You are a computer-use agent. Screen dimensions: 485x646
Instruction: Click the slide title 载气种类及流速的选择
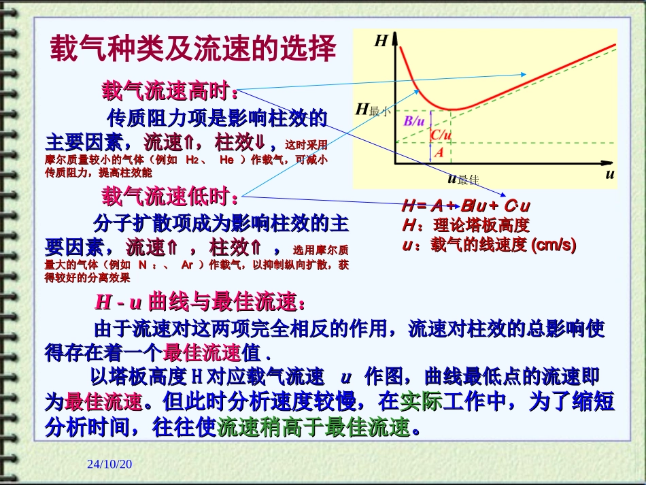tap(193, 50)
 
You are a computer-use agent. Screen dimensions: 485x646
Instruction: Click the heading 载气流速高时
tap(170, 90)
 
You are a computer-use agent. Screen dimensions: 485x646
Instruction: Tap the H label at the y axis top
tap(381, 41)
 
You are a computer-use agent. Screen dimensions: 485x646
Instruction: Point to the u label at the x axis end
tap(609, 174)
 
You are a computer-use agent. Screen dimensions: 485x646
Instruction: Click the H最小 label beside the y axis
tap(373, 110)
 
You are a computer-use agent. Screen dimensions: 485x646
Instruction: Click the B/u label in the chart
tap(415, 121)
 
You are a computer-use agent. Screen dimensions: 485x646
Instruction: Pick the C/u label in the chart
tap(441, 135)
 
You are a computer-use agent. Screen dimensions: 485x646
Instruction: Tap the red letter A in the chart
tap(439, 152)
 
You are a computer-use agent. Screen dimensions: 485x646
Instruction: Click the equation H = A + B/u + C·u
tap(466, 206)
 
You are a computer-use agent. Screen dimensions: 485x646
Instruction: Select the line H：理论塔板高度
tap(465, 225)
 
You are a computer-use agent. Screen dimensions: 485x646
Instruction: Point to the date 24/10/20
tap(109, 464)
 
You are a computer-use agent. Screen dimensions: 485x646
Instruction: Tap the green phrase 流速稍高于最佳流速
tap(314, 427)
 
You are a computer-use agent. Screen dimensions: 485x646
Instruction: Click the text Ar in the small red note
tap(190, 265)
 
